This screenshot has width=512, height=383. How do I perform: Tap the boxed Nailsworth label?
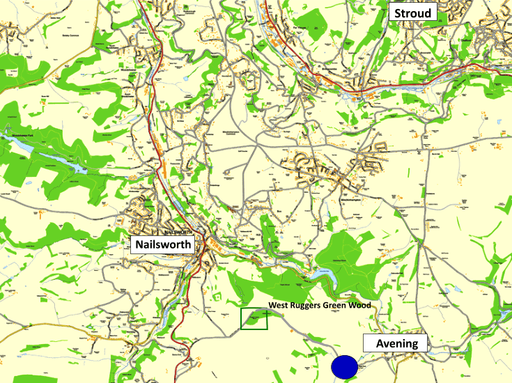(x=162, y=244)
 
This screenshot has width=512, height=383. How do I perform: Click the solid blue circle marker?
(x=344, y=367)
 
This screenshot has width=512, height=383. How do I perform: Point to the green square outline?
(x=254, y=318)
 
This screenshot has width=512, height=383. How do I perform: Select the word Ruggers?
(x=308, y=306)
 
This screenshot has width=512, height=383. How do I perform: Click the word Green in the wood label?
(x=337, y=306)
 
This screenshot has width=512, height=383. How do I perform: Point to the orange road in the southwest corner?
(x=42, y=336)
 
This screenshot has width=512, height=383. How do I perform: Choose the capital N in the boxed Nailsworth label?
(x=139, y=244)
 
